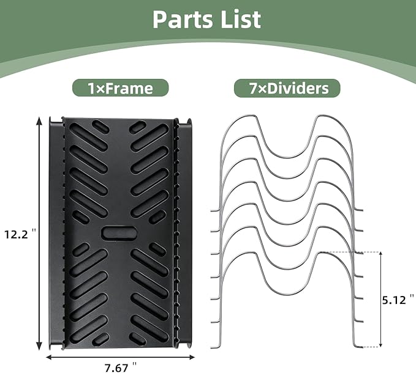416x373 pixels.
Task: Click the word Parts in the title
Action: (x=183, y=20)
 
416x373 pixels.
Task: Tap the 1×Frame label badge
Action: (x=121, y=88)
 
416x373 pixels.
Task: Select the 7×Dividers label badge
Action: (x=287, y=88)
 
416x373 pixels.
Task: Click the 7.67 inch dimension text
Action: (x=121, y=367)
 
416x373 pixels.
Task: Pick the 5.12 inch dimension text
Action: (x=398, y=300)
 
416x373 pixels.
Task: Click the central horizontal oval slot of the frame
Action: (x=119, y=233)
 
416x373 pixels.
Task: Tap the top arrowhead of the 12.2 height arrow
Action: (x=39, y=122)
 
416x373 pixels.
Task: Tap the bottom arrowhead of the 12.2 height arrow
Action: (x=39, y=345)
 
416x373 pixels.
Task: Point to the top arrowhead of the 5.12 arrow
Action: (x=380, y=254)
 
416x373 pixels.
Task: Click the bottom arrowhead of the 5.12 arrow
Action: (x=380, y=344)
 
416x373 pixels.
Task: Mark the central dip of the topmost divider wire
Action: (x=287, y=157)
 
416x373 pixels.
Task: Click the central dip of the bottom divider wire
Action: (x=287, y=294)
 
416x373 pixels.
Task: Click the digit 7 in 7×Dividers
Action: (x=253, y=88)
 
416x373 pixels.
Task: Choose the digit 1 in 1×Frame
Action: (x=91, y=88)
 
